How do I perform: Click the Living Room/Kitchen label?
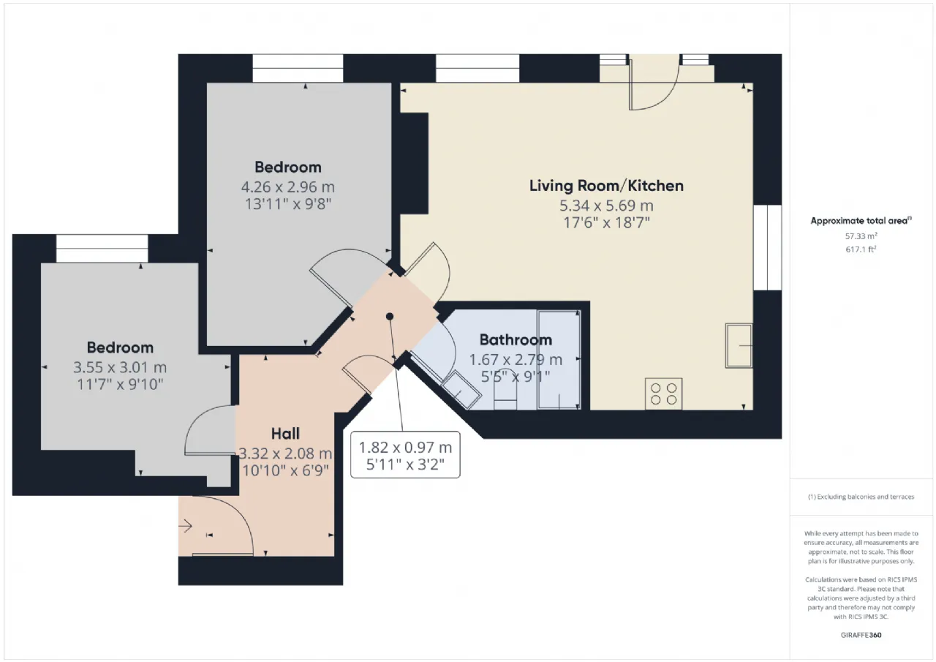coord(606,186)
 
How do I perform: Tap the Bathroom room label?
coord(516,339)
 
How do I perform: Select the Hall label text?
coord(285,434)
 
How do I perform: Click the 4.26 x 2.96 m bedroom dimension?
coord(288,187)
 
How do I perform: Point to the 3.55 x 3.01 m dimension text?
coord(120,367)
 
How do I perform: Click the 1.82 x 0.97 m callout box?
coord(405,455)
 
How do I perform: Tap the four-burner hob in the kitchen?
coord(663,394)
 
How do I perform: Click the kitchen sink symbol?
coord(739,345)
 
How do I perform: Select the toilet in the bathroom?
coord(505,389)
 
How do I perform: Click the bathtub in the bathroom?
coord(559,359)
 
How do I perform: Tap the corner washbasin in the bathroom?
coord(461,390)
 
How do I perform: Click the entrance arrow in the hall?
coord(185,526)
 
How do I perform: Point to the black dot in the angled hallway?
coord(390,317)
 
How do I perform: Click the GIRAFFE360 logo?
coord(861,635)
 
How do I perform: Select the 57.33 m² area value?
coord(861,236)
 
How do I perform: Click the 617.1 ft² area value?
coord(861,249)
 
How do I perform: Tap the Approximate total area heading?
coord(861,221)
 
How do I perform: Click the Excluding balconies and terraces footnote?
coord(861,497)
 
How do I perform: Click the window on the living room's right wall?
coord(768,247)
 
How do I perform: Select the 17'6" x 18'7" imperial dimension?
coord(606,223)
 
